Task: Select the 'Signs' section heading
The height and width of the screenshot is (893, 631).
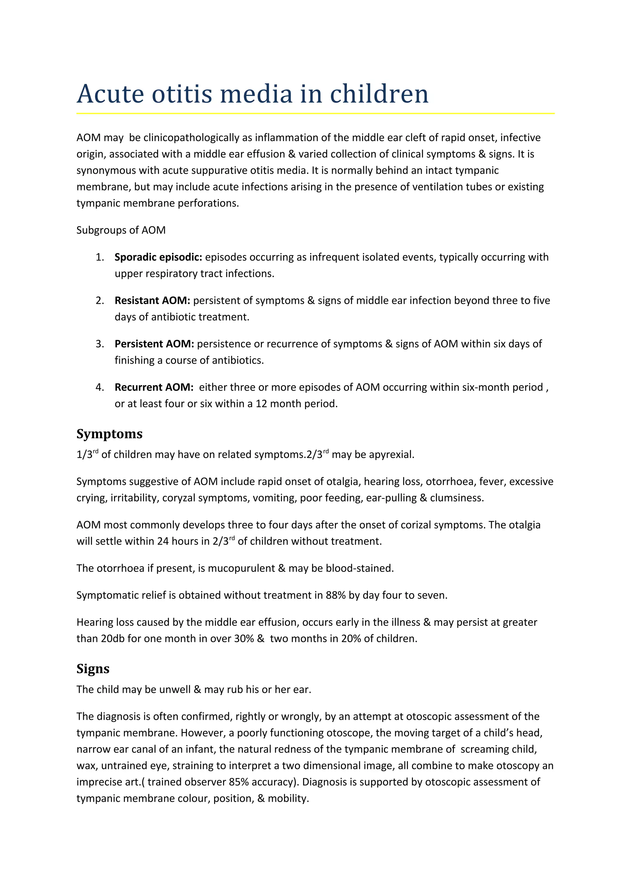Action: (93, 669)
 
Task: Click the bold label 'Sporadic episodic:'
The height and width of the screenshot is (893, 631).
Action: (158, 257)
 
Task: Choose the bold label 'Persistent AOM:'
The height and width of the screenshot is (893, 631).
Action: (154, 344)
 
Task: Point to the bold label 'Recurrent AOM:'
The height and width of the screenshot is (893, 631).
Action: (153, 387)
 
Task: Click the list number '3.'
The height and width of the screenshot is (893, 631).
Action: (100, 344)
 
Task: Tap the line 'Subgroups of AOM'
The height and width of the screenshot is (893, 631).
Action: (121, 230)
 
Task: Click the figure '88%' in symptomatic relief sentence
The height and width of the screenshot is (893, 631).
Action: (336, 595)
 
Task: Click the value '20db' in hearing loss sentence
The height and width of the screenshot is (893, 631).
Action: (112, 639)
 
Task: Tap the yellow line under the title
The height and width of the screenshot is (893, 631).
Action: (315, 114)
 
